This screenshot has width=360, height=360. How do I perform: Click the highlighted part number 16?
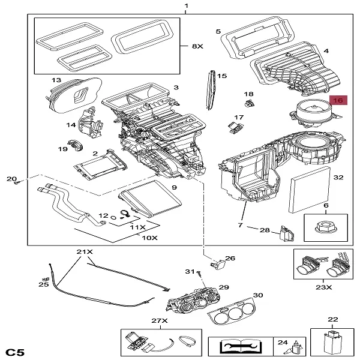pos(338,101)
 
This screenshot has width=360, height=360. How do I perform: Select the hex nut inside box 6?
pos(326,229)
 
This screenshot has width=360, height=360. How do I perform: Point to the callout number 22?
pos(333,319)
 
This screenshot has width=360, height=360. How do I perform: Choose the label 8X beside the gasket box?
pos(197,46)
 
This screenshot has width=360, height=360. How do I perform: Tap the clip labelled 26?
pos(216,261)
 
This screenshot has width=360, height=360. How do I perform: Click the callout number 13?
pos(56,80)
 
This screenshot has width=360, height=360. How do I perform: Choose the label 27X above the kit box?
pos(159,321)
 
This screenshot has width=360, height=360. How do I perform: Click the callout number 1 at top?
pos(186,6)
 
